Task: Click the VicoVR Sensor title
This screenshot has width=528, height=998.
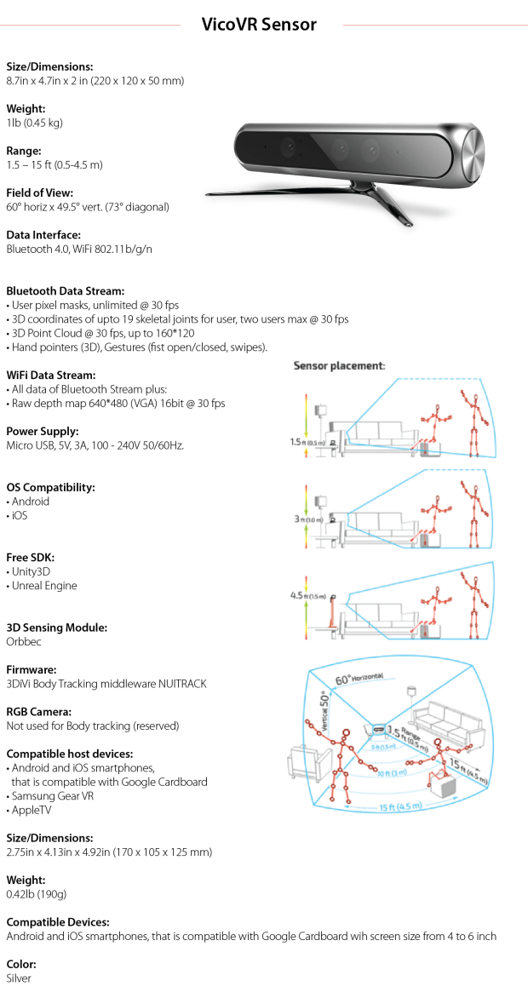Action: click(x=259, y=25)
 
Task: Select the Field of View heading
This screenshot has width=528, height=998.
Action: click(x=39, y=192)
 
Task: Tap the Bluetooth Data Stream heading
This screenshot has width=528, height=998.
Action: click(x=66, y=290)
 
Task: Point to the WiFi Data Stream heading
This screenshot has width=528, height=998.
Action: click(x=51, y=375)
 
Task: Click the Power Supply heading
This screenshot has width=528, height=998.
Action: click(x=43, y=431)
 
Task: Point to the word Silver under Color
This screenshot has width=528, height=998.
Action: click(x=19, y=978)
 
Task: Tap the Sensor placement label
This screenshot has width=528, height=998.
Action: click(x=339, y=365)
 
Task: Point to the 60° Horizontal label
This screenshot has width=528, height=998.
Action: click(x=359, y=679)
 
